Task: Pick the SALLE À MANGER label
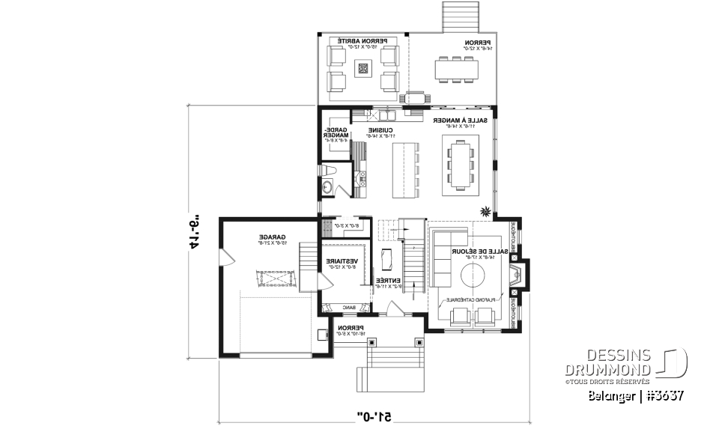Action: coord(460,121)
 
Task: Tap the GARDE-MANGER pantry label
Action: coord(335,133)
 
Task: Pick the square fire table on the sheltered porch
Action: coord(364,69)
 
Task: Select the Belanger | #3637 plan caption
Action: coord(636,394)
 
